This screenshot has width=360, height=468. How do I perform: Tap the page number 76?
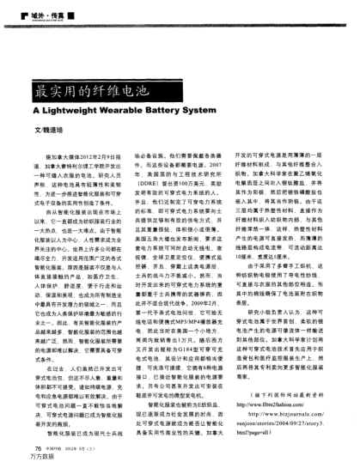[37, 448]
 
